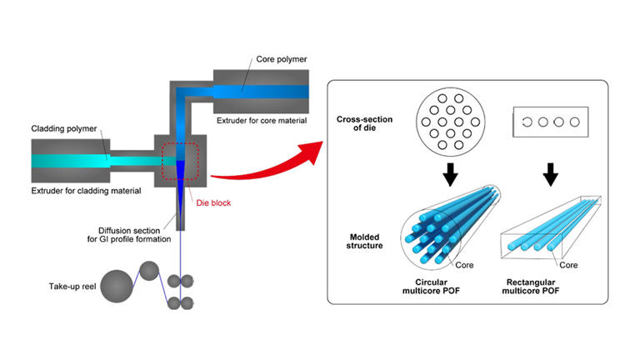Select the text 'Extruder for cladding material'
pos(87,192)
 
